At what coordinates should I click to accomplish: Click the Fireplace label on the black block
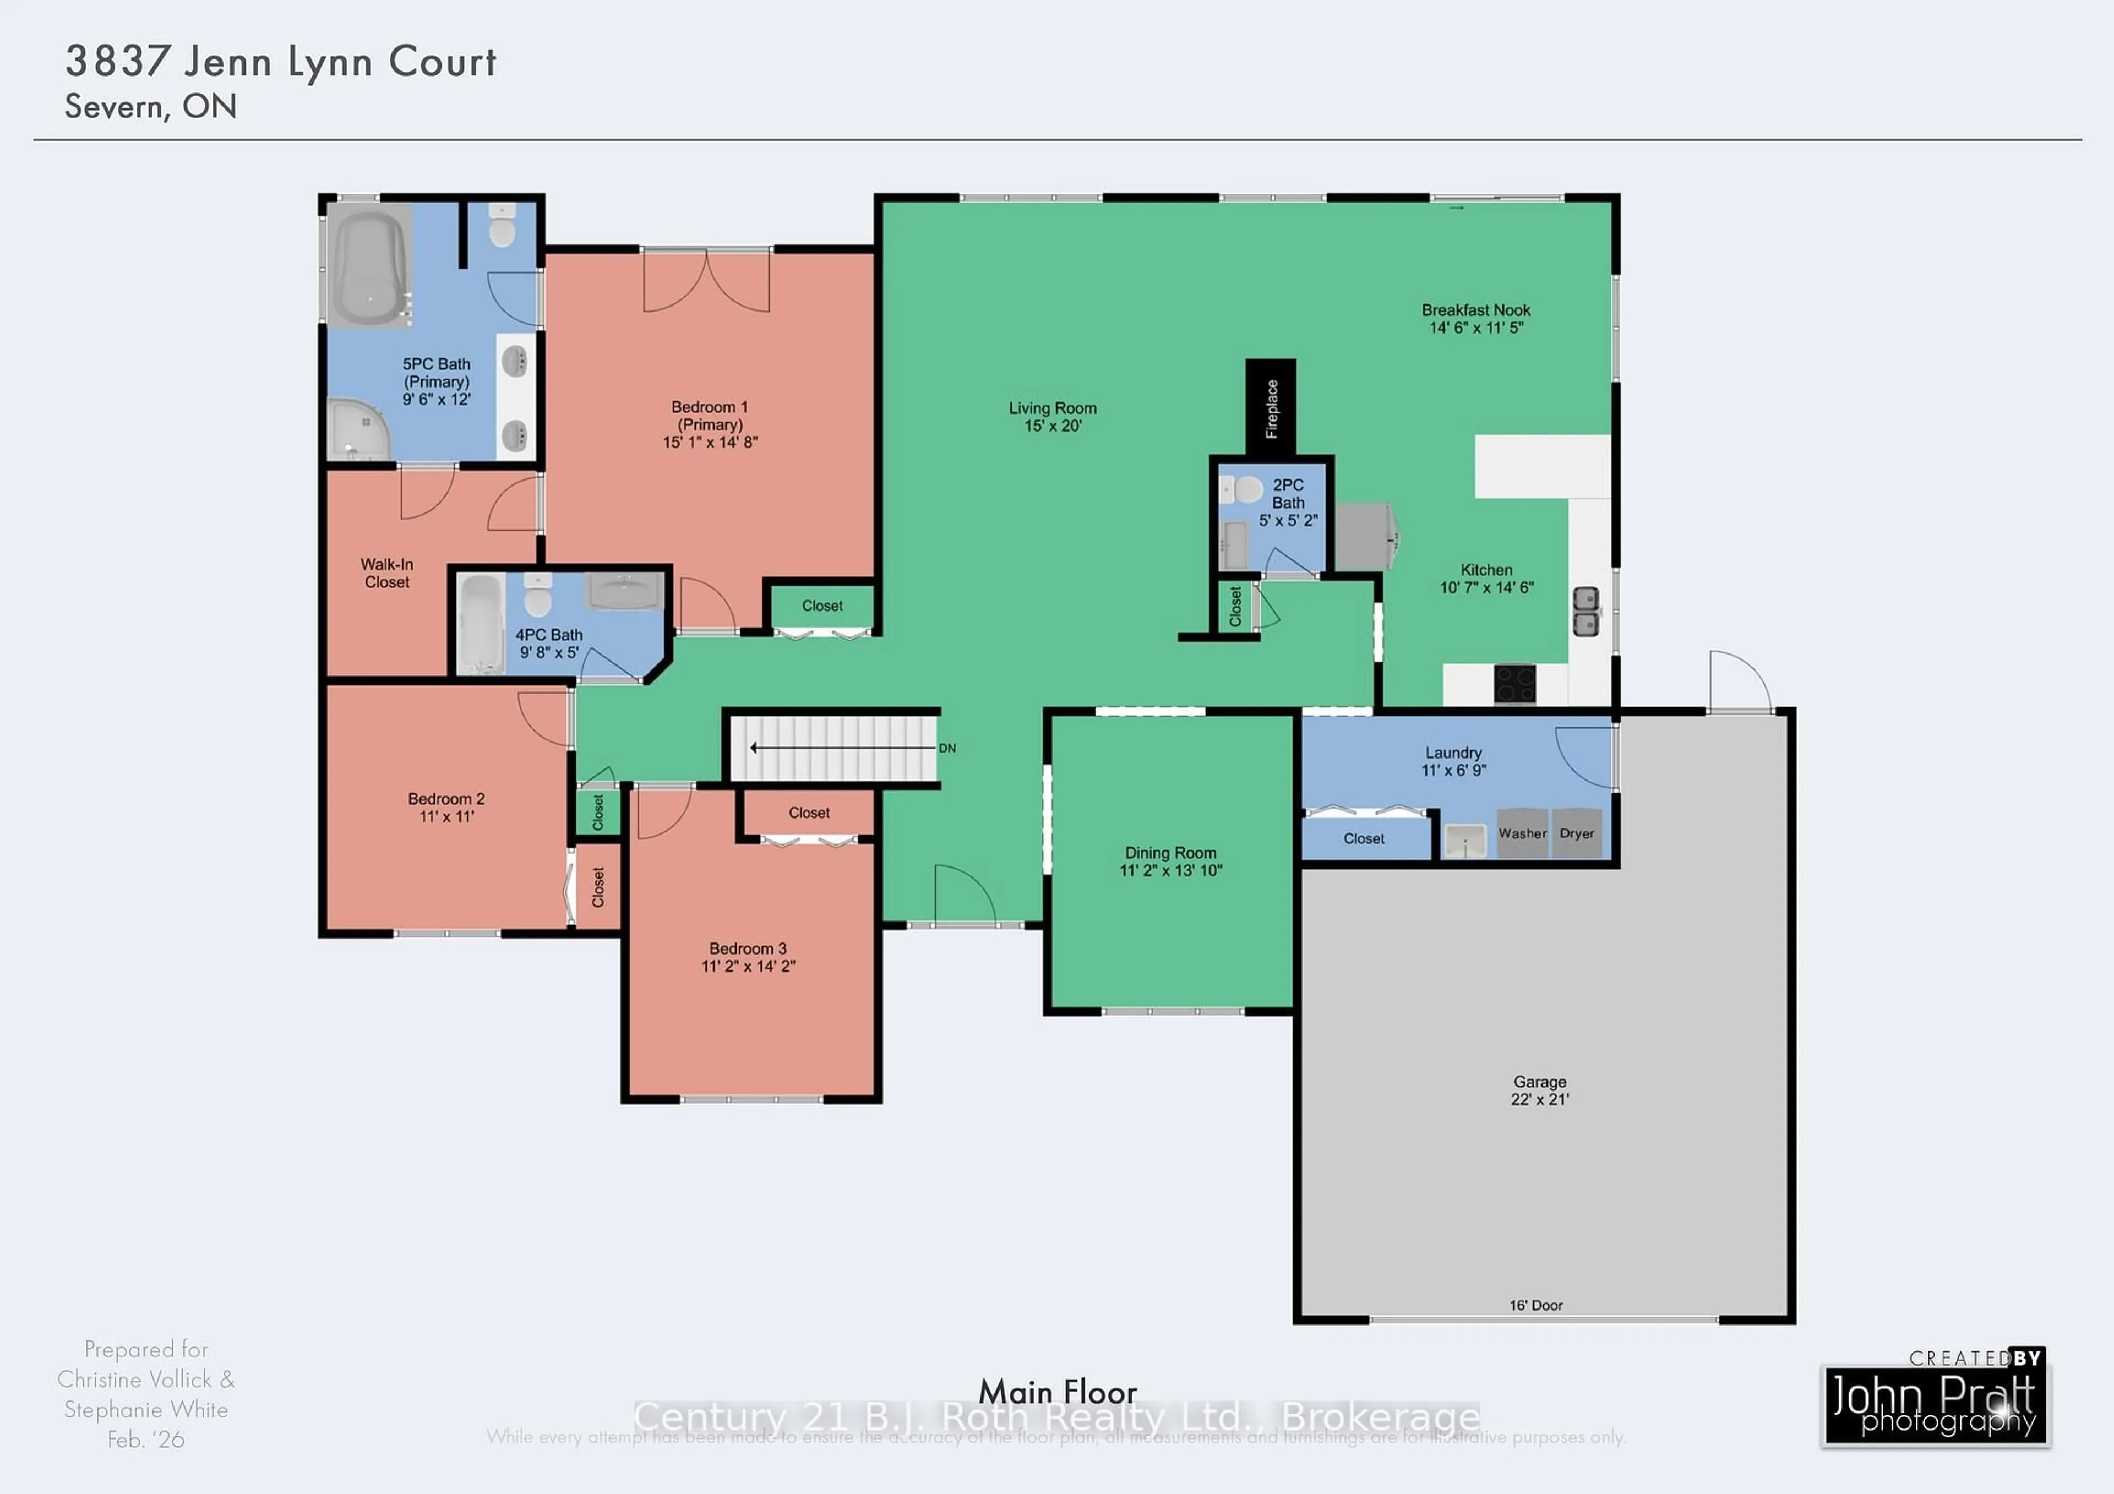1271,408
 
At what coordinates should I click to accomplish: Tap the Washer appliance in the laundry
1522,833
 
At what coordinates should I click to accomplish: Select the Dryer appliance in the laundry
1576,833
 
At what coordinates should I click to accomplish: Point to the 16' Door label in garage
1536,1305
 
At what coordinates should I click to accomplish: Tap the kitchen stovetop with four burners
1514,684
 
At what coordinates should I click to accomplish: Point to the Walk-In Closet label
386,572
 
